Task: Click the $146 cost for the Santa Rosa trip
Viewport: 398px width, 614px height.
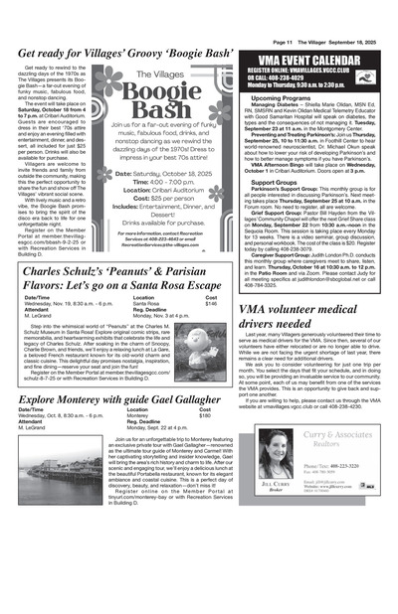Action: point(211,303)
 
